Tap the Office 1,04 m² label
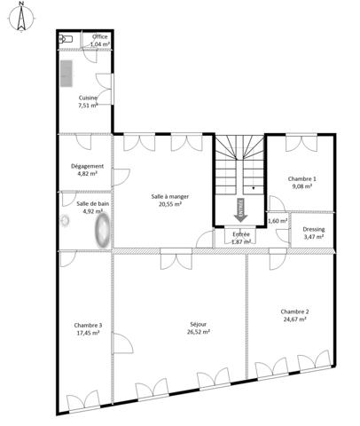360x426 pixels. tap(99, 40)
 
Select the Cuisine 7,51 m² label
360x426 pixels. tap(88, 101)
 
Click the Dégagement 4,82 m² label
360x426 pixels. tap(87, 170)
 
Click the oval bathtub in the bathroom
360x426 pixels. tap(103, 233)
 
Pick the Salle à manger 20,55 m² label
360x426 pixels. tap(165, 200)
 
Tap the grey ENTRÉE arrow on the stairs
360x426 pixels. tap(240, 209)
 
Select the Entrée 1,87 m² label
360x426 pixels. tap(240, 237)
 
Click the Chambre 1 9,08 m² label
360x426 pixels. tap(301, 183)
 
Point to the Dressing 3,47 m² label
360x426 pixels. tap(314, 233)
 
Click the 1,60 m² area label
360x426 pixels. tap(278, 221)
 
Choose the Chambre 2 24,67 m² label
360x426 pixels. tap(294, 315)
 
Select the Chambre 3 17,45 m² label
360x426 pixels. tap(88, 330)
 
